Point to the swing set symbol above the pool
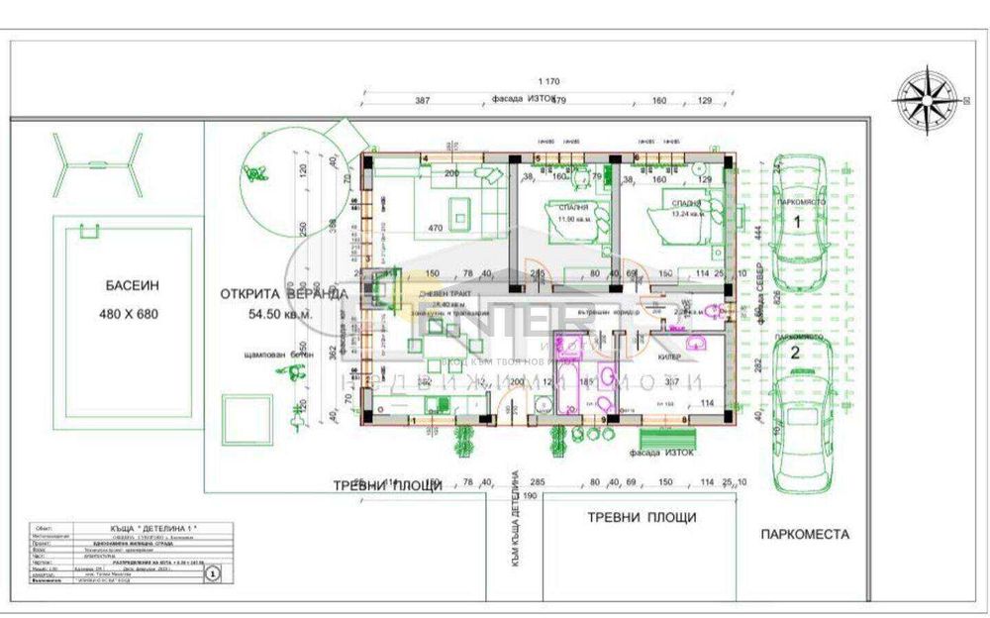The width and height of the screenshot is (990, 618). [x=96, y=163]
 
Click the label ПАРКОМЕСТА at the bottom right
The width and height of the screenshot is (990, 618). [x=804, y=534]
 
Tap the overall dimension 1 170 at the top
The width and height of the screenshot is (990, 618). [x=549, y=81]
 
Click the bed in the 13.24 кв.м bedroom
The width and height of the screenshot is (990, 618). [x=682, y=222]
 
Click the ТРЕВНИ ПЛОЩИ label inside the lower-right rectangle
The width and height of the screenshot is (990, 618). [x=642, y=517]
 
